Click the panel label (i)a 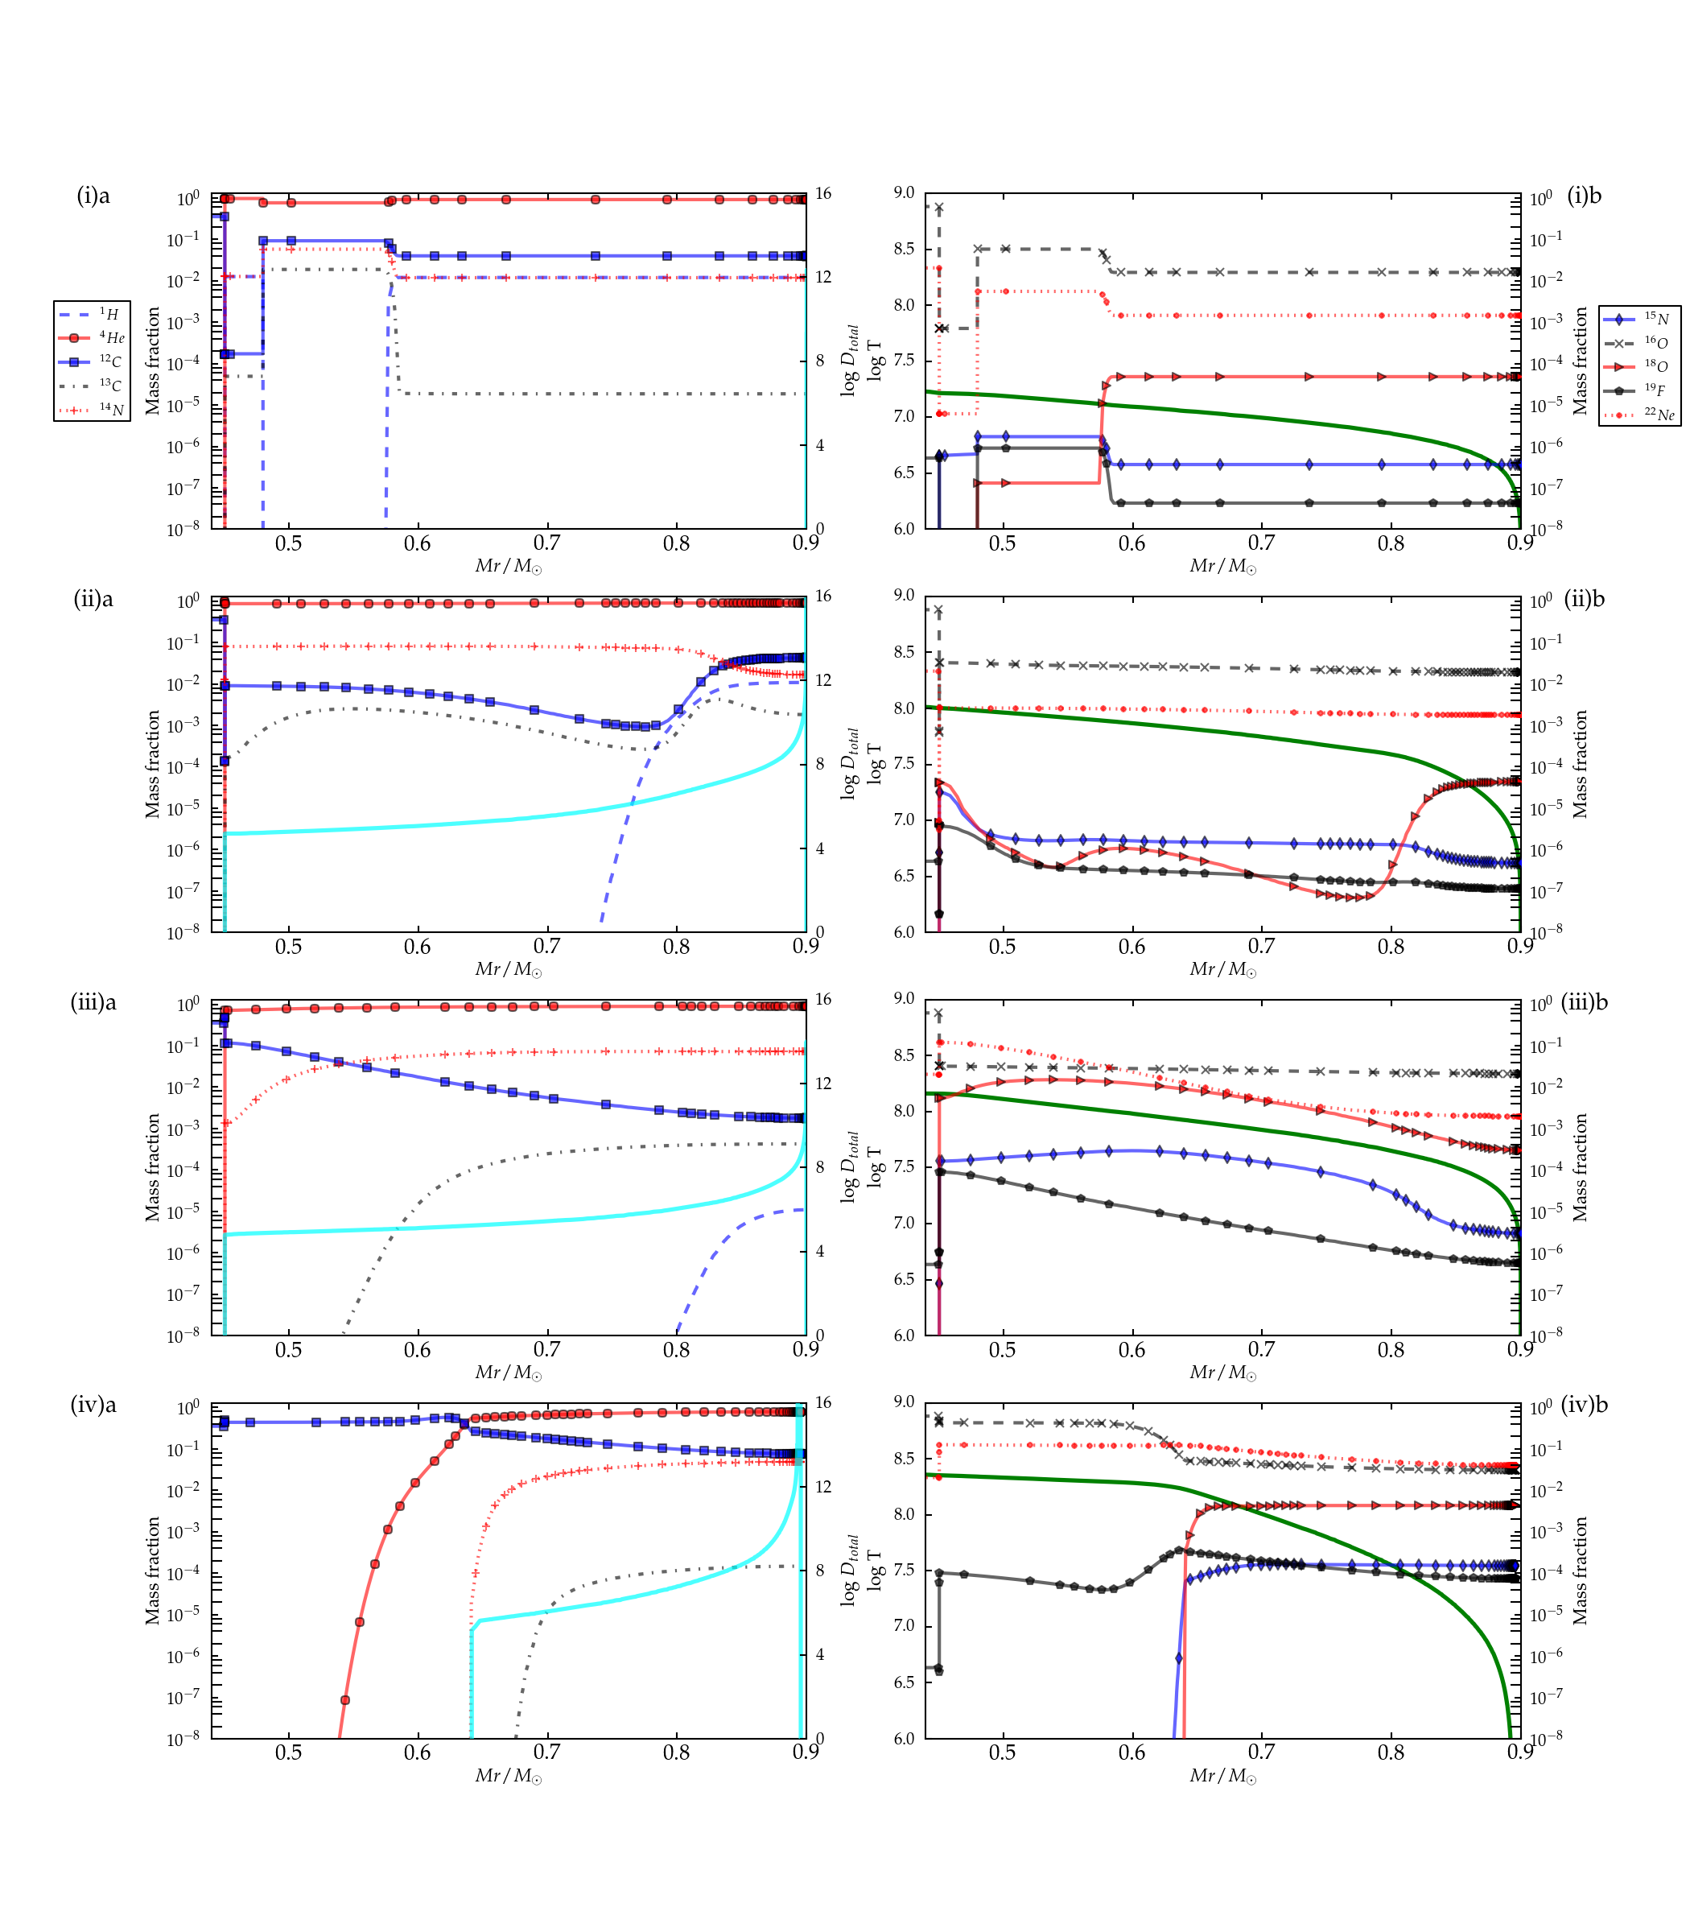tap(93, 196)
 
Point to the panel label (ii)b tap(1585, 599)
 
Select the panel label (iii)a tap(93, 1003)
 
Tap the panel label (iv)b tap(1585, 1405)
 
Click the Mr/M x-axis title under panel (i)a tap(509, 567)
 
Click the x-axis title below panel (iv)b tap(1222, 1777)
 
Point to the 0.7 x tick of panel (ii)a tap(547, 946)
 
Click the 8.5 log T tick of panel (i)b tap(904, 249)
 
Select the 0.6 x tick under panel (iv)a tap(417, 1752)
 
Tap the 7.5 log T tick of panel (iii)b tap(904, 1167)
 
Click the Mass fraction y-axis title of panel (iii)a tap(152, 1167)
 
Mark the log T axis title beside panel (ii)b tap(876, 763)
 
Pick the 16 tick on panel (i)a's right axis tap(823, 193)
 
